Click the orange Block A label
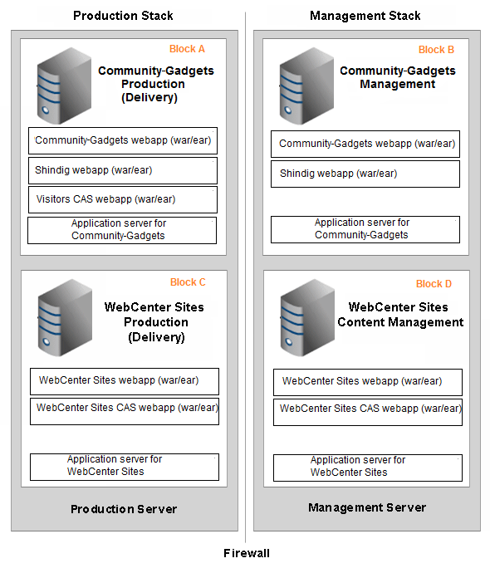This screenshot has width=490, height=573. coord(187,49)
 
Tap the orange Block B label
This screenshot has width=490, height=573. coord(436,50)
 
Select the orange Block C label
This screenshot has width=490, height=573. coord(188,282)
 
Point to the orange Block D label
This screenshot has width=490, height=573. coord(434,284)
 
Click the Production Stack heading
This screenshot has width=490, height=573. coord(123,16)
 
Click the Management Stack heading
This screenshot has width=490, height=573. coord(365,16)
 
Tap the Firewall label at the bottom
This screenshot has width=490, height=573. coord(247,553)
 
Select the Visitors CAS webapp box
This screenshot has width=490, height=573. coord(123,200)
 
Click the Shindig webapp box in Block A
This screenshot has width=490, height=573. coord(123,171)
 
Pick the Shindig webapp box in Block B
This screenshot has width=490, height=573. coord(365,174)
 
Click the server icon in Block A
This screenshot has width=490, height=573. coord(64,86)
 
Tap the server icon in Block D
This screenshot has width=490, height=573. coord(307,317)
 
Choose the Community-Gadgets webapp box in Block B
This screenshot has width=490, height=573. coord(365,144)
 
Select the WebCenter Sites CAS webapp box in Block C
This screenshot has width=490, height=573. coord(125,411)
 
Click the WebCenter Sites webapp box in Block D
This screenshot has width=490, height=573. coord(368,382)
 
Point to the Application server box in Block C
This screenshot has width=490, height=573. coord(125,467)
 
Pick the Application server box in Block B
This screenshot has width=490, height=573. coord(365,230)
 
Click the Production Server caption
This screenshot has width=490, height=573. coord(124,509)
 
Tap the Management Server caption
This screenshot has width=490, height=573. coord(367,507)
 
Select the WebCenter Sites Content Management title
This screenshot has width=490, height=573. coord(400,315)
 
